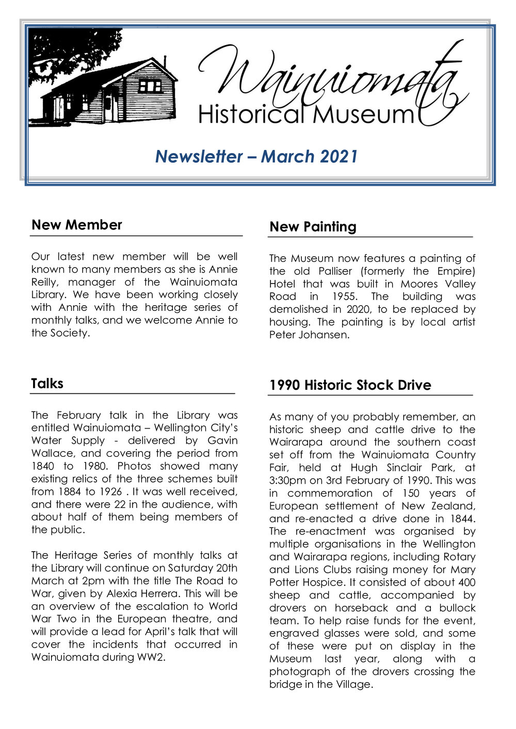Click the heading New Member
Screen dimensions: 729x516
point(76,225)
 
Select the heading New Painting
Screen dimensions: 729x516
point(313,227)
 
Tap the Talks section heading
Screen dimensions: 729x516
point(47,384)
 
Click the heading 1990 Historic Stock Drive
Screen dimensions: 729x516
point(350,385)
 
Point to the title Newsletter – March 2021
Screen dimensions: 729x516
point(256,156)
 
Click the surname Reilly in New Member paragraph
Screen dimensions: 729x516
point(44,282)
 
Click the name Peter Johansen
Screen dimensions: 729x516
point(309,335)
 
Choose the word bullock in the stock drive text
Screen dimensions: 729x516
point(457,608)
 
